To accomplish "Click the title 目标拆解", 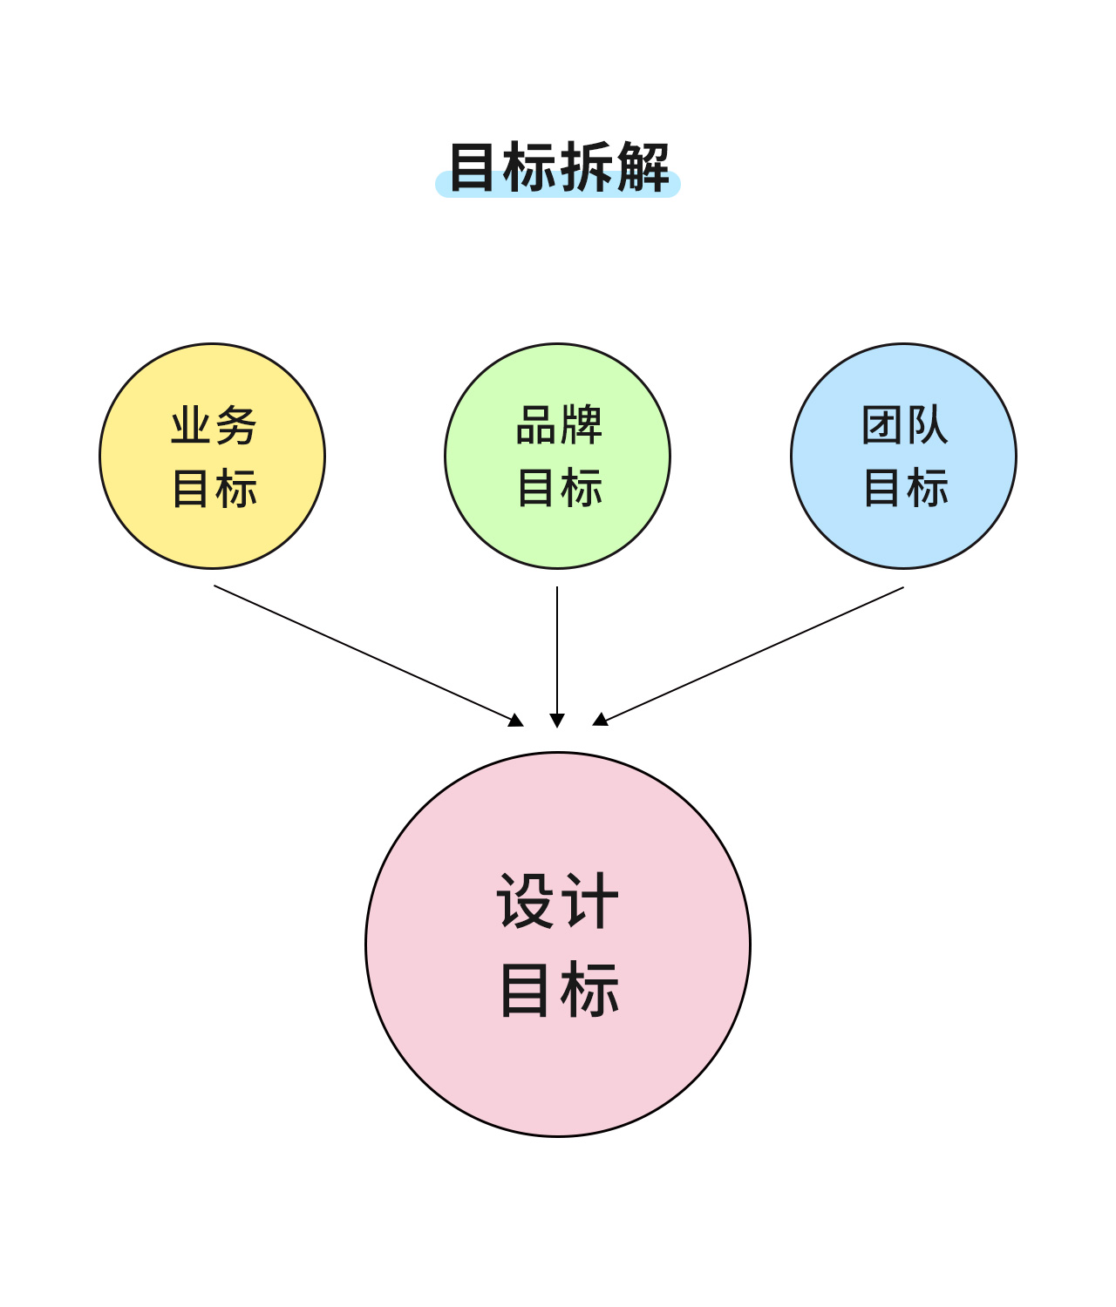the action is pos(559,167).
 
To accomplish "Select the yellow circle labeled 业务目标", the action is pos(213,456).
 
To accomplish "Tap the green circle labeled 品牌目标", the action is pos(557,456).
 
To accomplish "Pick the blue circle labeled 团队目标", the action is pos(903,456).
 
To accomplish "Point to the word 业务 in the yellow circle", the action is pos(214,425).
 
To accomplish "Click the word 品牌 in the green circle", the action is pos(559,424).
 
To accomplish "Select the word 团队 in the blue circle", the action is pos(905,424).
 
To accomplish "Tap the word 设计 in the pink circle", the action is pos(557,900).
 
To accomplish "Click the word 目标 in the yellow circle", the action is pos(214,488).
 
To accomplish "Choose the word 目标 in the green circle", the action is pos(560,488).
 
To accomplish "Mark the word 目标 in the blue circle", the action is pos(906,488).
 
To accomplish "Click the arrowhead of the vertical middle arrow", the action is pos(557,721).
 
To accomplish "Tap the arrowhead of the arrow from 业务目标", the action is pos(516,720).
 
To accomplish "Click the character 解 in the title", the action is pos(643,167).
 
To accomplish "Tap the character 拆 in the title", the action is pos(587,167).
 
